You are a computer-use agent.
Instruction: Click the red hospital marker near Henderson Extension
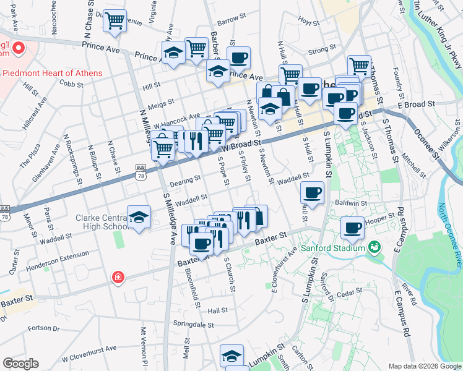[x=117, y=278]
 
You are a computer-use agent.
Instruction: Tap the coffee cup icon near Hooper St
[x=352, y=228]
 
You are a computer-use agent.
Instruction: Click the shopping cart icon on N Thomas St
[x=359, y=66]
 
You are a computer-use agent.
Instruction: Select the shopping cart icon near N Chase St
[x=115, y=21]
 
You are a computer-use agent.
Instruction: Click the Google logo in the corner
[x=20, y=364]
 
